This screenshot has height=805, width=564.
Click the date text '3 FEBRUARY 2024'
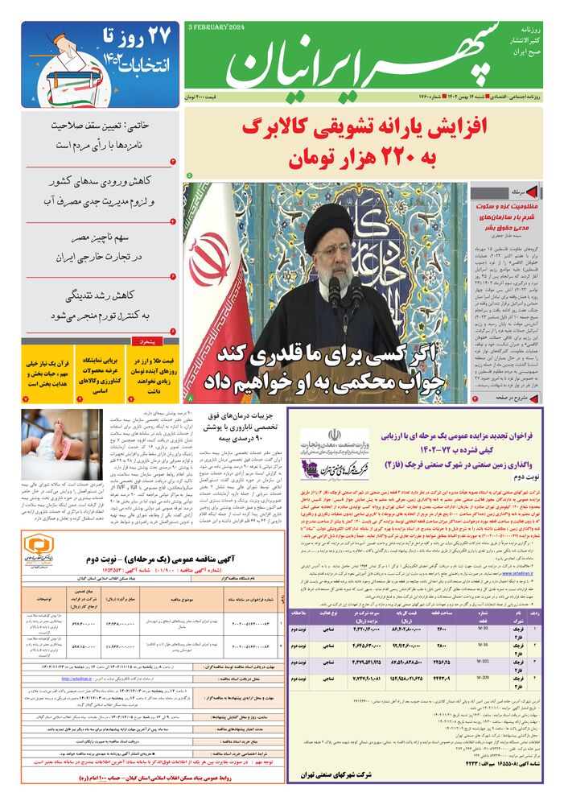(217, 27)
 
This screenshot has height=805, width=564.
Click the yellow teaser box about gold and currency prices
(155, 373)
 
